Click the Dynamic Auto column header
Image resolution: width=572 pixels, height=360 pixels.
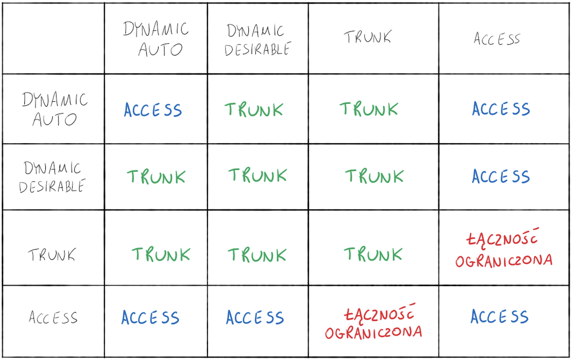[x=156, y=39]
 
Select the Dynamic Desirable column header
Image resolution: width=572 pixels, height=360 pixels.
[x=258, y=40]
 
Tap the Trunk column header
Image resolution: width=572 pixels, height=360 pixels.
[x=368, y=37]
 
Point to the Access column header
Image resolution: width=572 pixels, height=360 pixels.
[x=497, y=39]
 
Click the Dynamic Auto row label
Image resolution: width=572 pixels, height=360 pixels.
[x=54, y=109]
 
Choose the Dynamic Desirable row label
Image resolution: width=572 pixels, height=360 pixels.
[x=52, y=177]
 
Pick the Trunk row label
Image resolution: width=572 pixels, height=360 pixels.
[x=52, y=254]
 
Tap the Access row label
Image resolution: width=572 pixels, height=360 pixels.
[x=53, y=317]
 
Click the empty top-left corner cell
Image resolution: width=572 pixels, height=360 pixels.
[x=53, y=38]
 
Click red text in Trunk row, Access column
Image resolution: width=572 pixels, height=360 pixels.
[x=504, y=248]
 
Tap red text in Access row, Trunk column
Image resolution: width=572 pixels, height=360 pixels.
[x=373, y=322]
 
